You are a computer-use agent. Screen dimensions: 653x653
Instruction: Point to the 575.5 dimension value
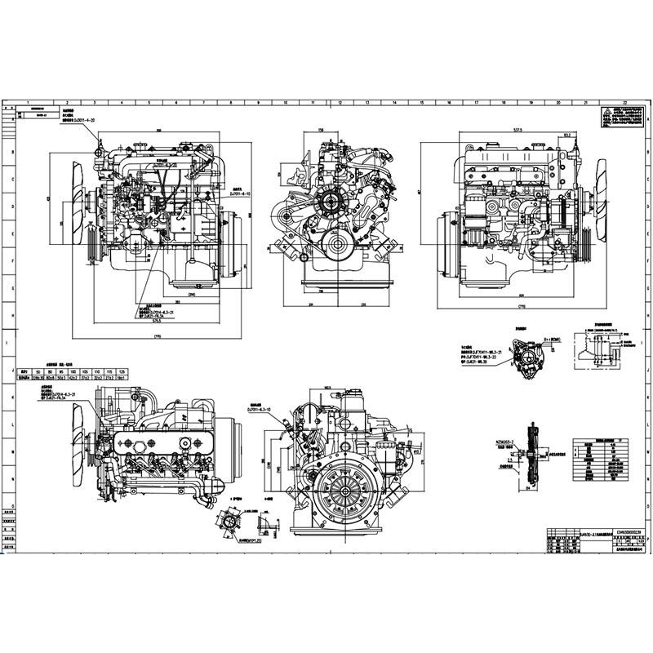[x=158, y=320]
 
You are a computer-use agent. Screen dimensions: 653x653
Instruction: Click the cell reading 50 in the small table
[x=38, y=371]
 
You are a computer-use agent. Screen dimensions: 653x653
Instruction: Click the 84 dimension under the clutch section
[x=529, y=488]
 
